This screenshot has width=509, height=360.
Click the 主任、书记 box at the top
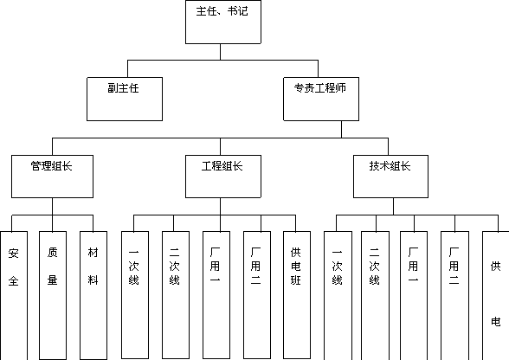click(223, 22)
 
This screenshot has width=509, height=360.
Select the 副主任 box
click(125, 99)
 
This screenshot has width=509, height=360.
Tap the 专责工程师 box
click(321, 99)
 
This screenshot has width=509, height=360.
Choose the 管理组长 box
click(52, 177)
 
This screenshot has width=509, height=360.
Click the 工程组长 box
click(223, 177)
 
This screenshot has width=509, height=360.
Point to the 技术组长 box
click(390, 177)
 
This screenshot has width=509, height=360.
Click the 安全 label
click(13, 267)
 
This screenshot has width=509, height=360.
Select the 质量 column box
click(53, 295)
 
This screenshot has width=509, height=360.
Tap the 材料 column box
click(93, 295)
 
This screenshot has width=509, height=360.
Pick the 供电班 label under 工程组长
click(296, 267)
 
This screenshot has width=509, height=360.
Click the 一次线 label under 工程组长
click(133, 267)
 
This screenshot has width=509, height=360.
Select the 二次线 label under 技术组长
click(374, 267)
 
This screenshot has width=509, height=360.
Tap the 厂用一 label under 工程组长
click(215, 266)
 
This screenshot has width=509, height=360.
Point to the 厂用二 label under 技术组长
click(454, 267)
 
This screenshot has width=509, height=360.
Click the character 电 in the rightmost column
click(496, 322)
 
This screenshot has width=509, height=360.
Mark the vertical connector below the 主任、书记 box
click(220, 52)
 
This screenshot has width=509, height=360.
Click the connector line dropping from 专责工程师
click(341, 130)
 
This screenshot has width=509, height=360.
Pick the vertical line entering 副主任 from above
click(127, 68)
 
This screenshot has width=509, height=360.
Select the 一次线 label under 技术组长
click(337, 267)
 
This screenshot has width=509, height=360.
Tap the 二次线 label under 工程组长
click(174, 267)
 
